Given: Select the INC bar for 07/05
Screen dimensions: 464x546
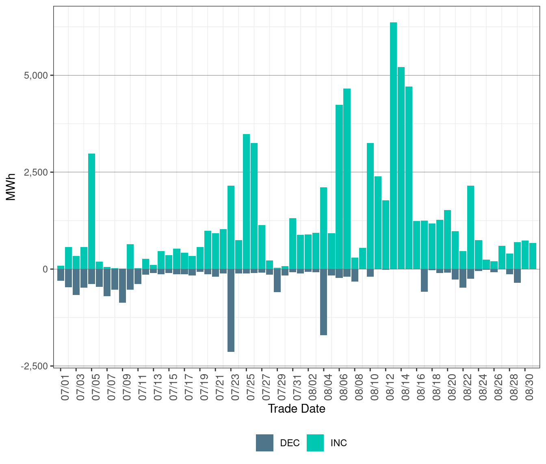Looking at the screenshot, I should click(x=91, y=211).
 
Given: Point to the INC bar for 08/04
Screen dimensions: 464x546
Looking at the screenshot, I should click(x=323, y=228).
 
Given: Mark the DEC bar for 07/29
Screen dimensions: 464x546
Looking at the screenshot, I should click(x=277, y=280).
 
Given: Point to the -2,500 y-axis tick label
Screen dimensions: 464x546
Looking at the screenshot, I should click(x=34, y=366).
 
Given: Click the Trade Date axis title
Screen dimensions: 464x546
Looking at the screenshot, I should click(x=297, y=409).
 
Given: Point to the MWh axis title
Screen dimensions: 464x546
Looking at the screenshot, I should click(x=11, y=187).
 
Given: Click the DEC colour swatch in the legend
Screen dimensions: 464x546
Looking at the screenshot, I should click(x=264, y=443).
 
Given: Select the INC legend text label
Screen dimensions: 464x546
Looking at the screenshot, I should click(x=339, y=443).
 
